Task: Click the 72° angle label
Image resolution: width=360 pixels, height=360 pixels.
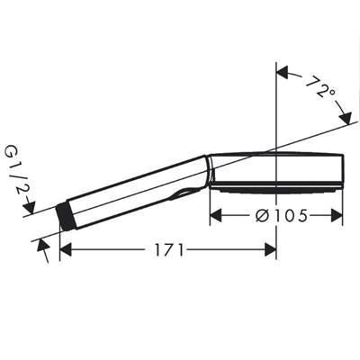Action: (319, 87)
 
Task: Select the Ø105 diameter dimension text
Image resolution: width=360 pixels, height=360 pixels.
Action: (282, 215)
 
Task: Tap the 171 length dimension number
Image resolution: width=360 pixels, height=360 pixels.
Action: (169, 250)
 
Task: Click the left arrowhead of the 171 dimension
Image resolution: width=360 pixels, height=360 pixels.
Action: (66, 250)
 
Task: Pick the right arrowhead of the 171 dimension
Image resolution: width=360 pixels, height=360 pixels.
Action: (270, 250)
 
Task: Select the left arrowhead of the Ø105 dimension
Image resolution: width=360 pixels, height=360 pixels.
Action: (215, 215)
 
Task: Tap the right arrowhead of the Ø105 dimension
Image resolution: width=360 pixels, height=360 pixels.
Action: (337, 215)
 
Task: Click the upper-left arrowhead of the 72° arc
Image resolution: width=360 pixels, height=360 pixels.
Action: (283, 72)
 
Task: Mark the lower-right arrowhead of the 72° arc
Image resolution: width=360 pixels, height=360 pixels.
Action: (345, 118)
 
